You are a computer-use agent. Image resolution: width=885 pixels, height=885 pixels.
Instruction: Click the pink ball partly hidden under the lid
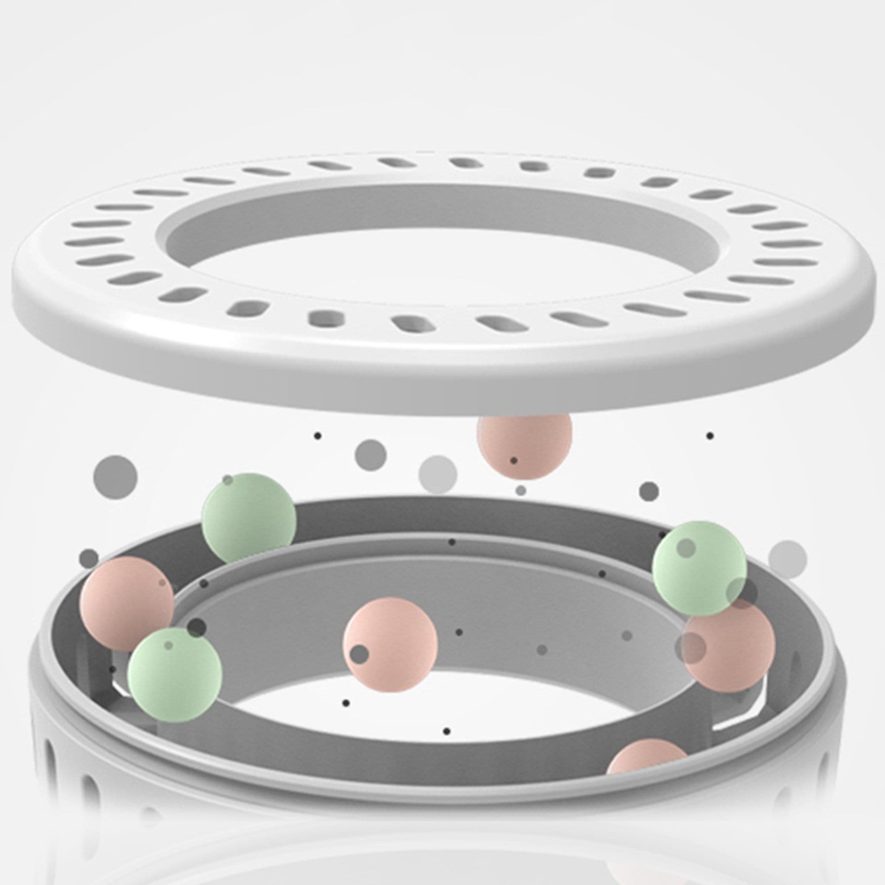coord(524,446)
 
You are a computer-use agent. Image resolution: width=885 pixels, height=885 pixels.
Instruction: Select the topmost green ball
coord(249,518)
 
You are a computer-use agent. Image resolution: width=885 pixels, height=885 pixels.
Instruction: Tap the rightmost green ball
coord(699,568)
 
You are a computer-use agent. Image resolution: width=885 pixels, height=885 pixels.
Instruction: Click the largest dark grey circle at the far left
coord(115,477)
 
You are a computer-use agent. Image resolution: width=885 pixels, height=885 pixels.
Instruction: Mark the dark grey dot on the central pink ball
coord(360,654)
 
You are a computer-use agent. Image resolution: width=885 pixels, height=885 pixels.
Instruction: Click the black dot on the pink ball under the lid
coord(513,460)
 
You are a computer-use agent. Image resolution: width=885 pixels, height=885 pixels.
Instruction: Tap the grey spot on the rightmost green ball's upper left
coord(686,548)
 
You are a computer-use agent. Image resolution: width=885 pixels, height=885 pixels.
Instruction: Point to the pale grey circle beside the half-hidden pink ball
coord(438,474)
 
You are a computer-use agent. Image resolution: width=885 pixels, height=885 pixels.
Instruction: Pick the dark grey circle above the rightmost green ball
coord(649,492)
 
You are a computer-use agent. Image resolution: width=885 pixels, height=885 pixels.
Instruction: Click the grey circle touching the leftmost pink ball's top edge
coord(89,558)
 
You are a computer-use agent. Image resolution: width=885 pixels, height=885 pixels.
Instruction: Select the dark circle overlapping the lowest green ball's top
coord(197,627)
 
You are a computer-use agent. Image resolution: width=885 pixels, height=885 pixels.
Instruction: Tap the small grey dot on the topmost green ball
coord(227,480)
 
